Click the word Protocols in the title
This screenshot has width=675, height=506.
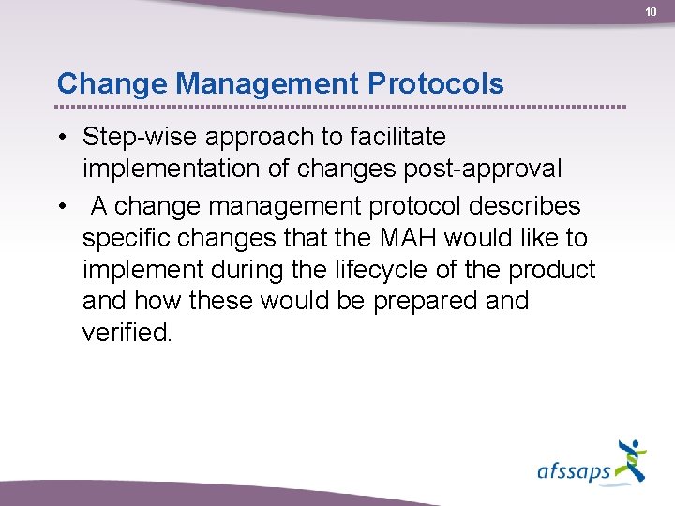pyautogui.click(x=436, y=83)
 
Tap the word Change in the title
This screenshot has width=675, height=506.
pyautogui.click(x=112, y=83)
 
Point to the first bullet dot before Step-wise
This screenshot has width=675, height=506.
pyautogui.click(x=60, y=138)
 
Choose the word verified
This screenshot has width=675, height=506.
pyautogui.click(x=127, y=334)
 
